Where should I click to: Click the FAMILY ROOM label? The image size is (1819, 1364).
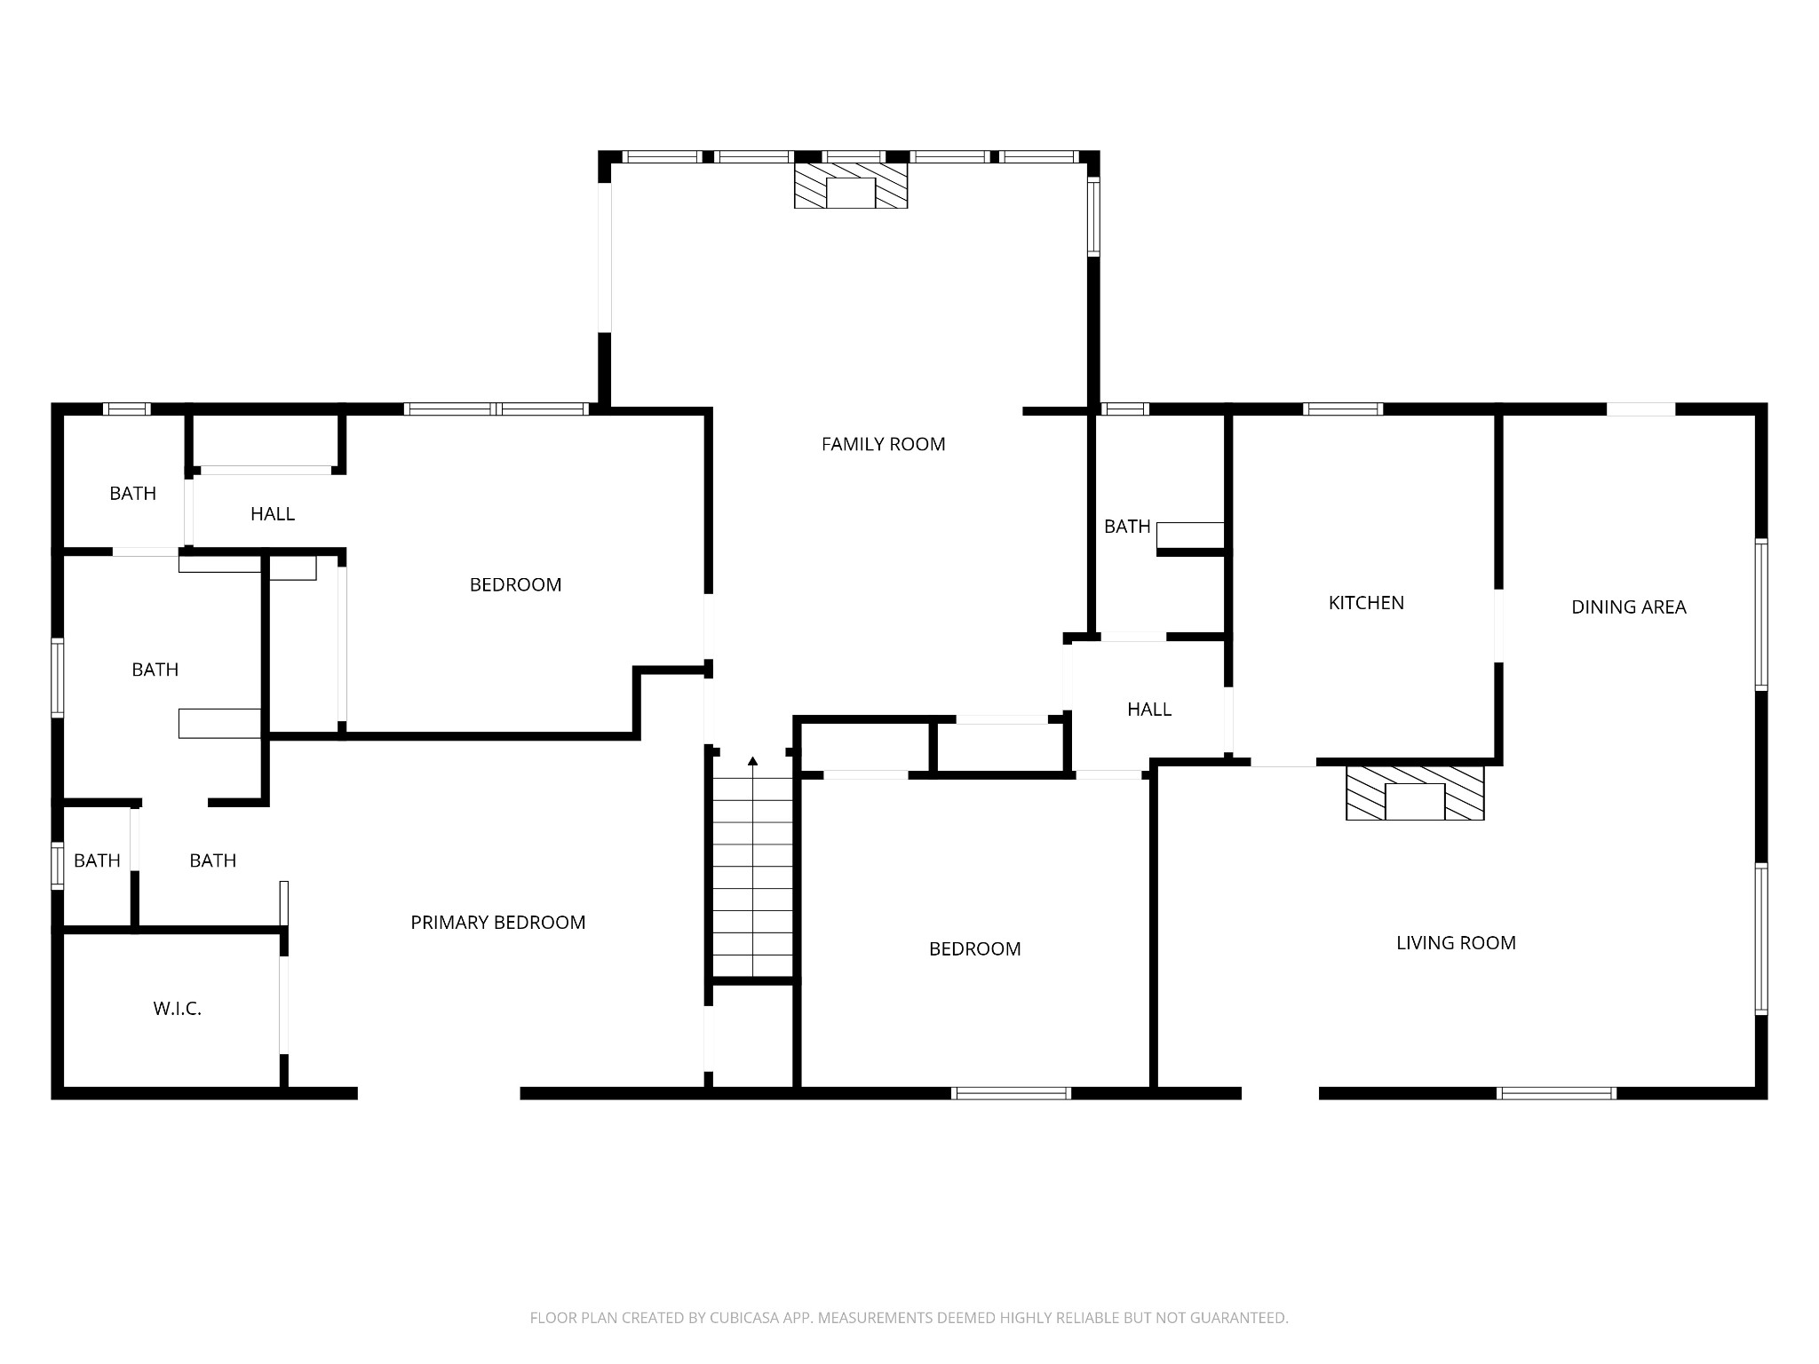883,444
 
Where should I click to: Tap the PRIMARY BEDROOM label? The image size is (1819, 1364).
497,923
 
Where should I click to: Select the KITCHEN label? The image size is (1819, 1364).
1366,603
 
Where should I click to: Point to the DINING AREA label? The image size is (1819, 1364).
1628,607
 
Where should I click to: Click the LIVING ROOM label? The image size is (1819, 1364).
1456,943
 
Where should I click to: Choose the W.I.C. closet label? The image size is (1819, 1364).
178,1009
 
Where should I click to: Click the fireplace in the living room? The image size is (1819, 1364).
1415,793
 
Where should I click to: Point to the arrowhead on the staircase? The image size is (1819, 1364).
753,761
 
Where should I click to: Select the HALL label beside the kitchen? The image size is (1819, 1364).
1149,710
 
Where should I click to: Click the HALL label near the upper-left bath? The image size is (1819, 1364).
273,514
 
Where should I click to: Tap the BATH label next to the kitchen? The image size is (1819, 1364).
1127,527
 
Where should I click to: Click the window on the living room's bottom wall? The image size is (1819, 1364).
1556,1093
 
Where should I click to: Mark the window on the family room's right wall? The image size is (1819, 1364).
1094,218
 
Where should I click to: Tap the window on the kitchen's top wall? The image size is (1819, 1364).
1343,409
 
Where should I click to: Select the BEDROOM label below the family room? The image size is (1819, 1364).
974,949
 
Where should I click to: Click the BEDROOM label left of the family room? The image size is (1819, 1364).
515,585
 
